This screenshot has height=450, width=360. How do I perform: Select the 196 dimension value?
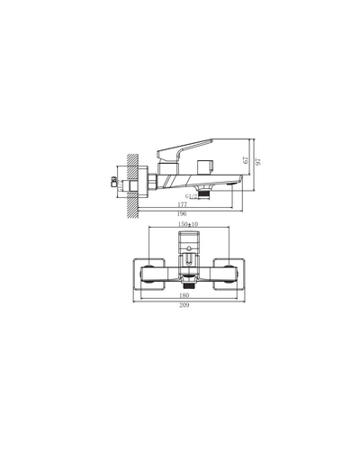(x=183, y=215)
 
